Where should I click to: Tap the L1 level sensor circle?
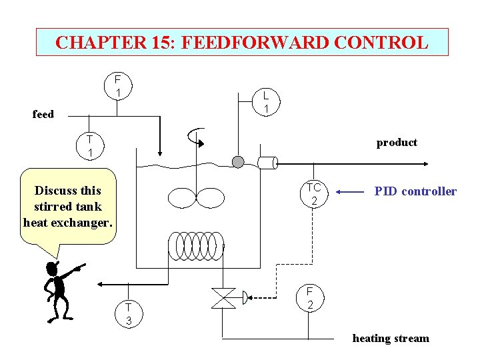pyautogui.click(x=265, y=102)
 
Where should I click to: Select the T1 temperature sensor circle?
pyautogui.click(x=89, y=146)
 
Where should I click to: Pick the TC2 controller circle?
pyautogui.click(x=314, y=194)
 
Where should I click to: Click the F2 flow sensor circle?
pyautogui.click(x=310, y=298)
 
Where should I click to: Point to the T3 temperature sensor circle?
pyautogui.click(x=129, y=313)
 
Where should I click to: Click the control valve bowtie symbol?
pyautogui.click(x=223, y=298)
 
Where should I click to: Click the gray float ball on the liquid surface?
pyautogui.click(x=238, y=161)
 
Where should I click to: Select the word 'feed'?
pyautogui.click(x=43, y=114)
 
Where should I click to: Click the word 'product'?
pyautogui.click(x=397, y=143)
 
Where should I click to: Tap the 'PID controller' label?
pyautogui.click(x=415, y=192)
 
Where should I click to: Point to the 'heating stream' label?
pyautogui.click(x=391, y=339)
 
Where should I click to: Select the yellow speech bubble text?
pyautogui.click(x=68, y=207)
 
